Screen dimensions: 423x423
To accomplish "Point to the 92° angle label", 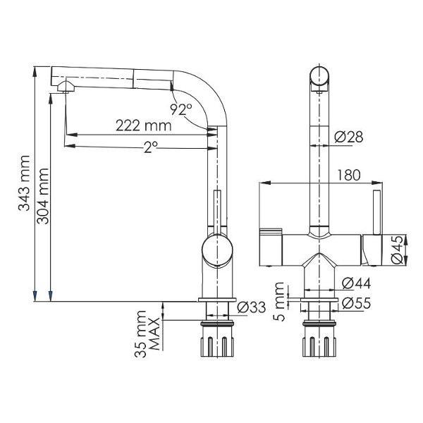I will [181, 109].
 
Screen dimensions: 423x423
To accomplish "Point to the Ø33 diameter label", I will [252, 308].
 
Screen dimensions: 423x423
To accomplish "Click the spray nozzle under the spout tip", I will [65, 87].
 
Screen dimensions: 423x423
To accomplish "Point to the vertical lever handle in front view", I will [376, 211].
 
